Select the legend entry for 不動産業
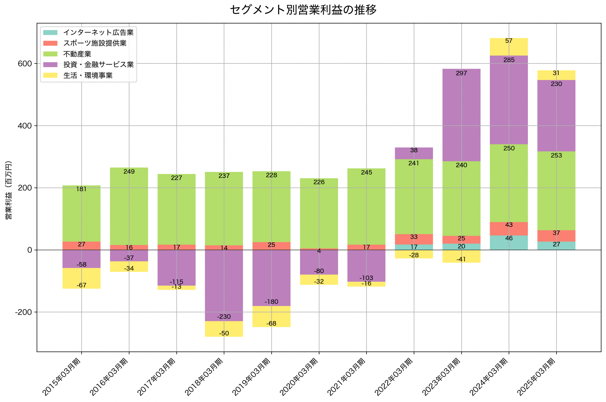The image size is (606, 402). click(x=77, y=54)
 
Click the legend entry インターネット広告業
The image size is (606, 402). click(x=98, y=32)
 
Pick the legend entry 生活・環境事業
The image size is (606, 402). click(x=88, y=76)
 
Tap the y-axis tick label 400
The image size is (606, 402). click(x=25, y=126)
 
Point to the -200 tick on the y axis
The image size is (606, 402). click(x=24, y=312)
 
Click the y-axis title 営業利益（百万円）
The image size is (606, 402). click(x=9, y=190)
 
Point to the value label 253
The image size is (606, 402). click(x=556, y=155)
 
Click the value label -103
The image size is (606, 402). click(x=366, y=278)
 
